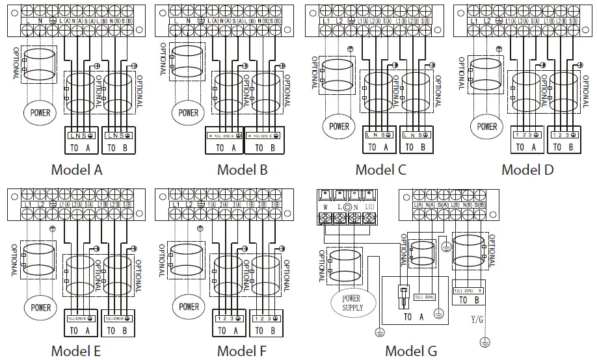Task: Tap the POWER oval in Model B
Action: click(188, 112)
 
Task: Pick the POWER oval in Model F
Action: click(189, 306)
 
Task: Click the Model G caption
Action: click(411, 352)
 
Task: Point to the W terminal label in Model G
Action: click(325, 207)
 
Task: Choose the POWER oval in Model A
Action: click(40, 112)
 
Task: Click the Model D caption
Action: click(527, 170)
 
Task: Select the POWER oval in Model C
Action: click(339, 127)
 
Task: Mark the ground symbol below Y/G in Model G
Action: click(484, 341)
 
